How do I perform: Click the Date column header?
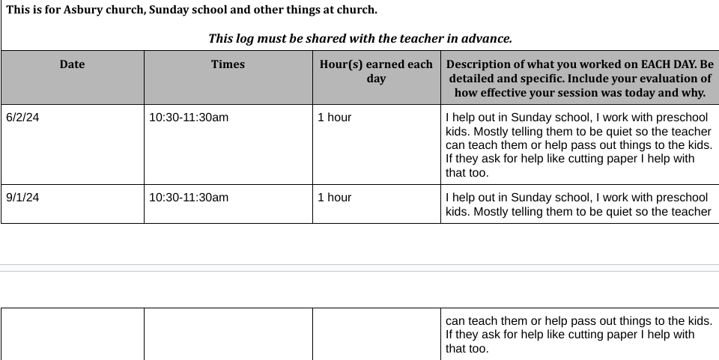coord(72,64)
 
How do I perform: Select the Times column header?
coord(228,64)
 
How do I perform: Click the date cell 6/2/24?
coord(22,118)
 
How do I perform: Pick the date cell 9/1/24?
coord(22,198)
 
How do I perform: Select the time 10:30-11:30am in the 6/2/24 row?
coord(189,118)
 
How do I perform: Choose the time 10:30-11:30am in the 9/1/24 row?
coord(189,198)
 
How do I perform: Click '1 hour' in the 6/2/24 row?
coord(334,118)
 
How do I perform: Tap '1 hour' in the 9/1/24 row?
coord(334,198)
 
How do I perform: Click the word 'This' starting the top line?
coord(17,10)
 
